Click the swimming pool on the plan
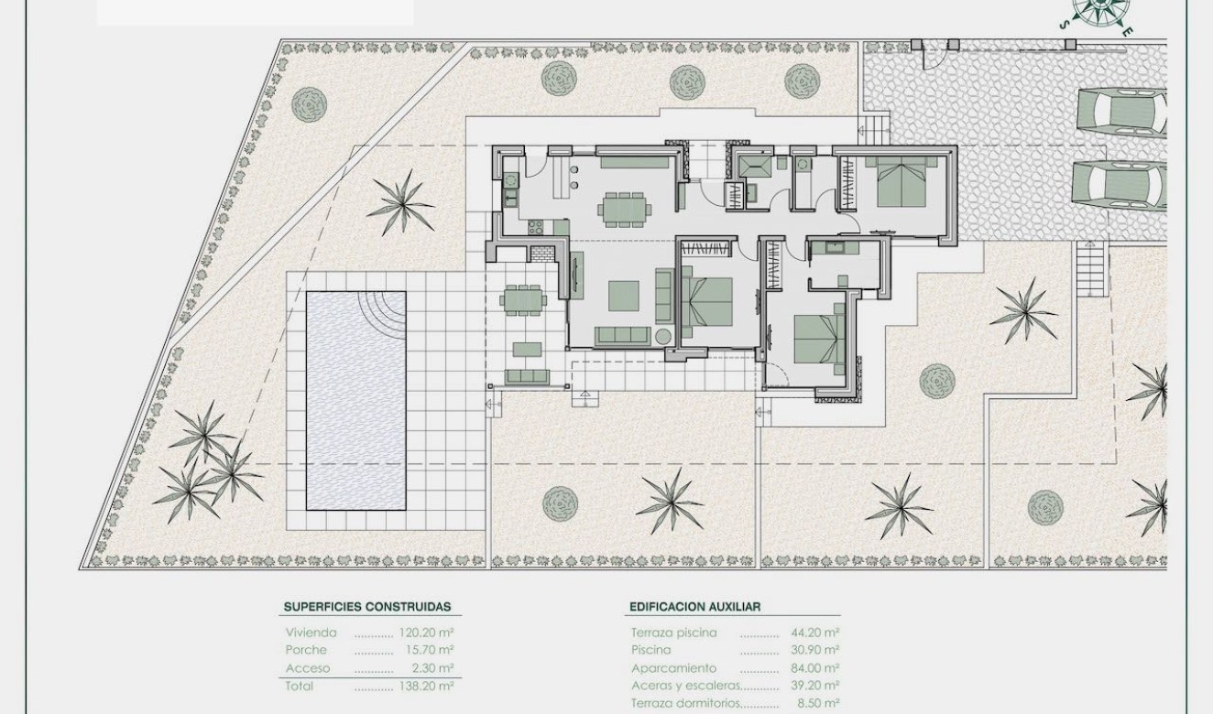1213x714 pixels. [x=355, y=401]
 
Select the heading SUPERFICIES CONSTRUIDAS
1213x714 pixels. [x=366, y=606]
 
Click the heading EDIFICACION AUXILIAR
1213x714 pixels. [x=694, y=606]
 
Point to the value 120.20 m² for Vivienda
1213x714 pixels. [x=426, y=633]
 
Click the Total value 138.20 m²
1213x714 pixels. [x=426, y=686]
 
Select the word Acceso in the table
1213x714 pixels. [x=307, y=668]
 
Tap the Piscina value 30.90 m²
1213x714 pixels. [x=814, y=650]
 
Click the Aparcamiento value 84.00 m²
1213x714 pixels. [x=814, y=668]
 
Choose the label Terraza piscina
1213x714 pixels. [x=673, y=633]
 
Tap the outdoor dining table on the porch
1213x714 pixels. [x=521, y=299]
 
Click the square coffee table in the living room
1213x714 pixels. [x=624, y=296]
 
